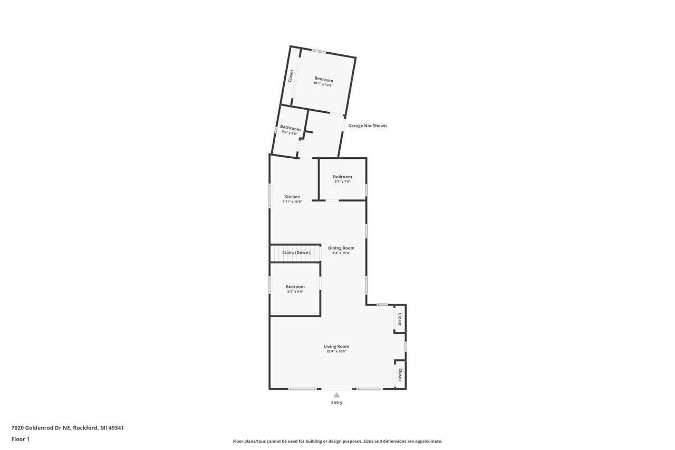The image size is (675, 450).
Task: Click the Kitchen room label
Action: [292, 197]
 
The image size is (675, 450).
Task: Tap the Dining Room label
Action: [341, 248]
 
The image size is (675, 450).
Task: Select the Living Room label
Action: [336, 347]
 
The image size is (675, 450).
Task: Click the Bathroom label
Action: [290, 128]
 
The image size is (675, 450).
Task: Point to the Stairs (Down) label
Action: [296, 253]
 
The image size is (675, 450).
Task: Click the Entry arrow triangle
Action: [336, 395]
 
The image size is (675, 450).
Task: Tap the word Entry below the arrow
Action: [336, 403]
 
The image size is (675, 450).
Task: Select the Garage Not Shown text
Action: [367, 126]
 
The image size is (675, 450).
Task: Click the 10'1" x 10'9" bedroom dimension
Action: [323, 84]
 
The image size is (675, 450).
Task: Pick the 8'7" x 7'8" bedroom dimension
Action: [342, 181]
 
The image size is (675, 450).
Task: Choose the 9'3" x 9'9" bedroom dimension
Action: [295, 292]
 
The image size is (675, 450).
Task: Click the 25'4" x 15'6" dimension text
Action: [336, 351]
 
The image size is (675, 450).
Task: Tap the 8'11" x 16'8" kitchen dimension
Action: [292, 202]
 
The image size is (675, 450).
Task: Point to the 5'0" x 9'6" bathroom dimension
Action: [290, 133]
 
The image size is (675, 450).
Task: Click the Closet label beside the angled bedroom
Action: [291, 76]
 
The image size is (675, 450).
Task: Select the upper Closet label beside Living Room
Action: [400, 319]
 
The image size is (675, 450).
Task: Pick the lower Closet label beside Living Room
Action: [400, 375]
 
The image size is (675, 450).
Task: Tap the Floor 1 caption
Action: [21, 439]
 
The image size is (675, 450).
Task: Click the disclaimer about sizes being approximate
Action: [337, 441]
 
